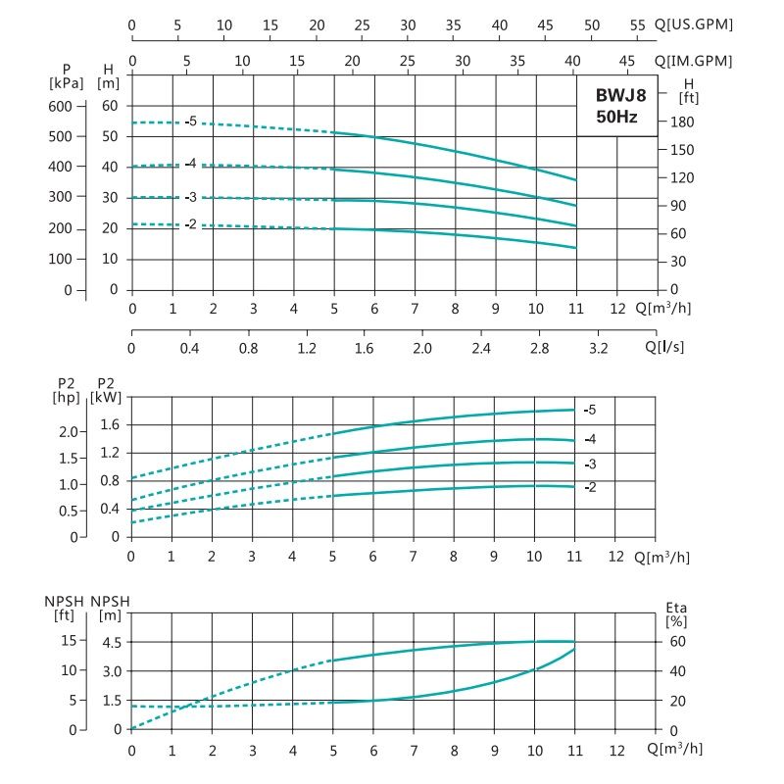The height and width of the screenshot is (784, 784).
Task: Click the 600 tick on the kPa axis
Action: click(x=61, y=106)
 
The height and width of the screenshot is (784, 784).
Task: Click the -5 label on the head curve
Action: click(x=191, y=122)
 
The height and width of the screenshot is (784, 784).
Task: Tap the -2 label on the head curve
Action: click(x=191, y=224)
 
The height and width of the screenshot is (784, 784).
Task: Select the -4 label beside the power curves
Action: click(x=590, y=438)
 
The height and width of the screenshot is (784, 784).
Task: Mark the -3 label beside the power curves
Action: click(x=590, y=464)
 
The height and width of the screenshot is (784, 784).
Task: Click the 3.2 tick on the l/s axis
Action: click(x=597, y=348)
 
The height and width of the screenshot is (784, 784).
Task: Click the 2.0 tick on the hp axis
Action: click(x=68, y=432)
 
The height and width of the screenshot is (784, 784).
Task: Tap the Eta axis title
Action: click(x=675, y=608)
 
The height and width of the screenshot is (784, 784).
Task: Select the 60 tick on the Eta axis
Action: click(x=675, y=641)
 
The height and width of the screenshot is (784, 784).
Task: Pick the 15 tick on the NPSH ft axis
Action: click(x=69, y=641)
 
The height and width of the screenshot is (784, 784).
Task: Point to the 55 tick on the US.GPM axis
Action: click(x=638, y=24)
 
